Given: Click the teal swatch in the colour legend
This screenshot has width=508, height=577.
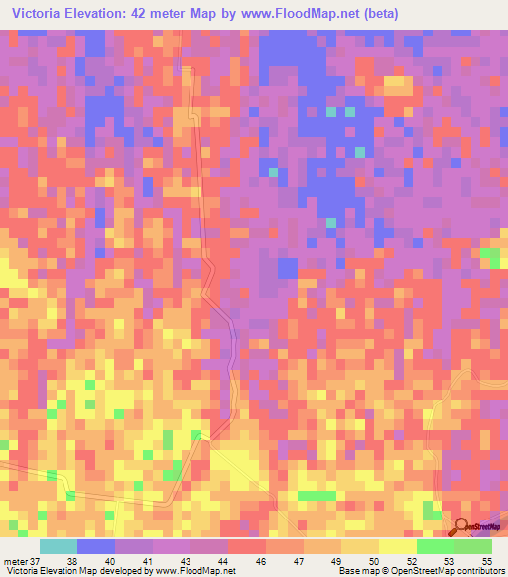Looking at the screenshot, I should pyautogui.click(x=59, y=546).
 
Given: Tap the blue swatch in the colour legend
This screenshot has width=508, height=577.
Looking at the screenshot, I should pyautogui.click(x=96, y=546).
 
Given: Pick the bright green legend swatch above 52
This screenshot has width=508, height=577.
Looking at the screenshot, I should pyautogui.click(x=435, y=546).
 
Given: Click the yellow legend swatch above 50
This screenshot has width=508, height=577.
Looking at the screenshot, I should pyautogui.click(x=397, y=546).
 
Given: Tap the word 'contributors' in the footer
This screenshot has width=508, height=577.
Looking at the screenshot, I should pyautogui.click(x=480, y=570).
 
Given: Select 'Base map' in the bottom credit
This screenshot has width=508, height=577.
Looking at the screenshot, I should pyautogui.click(x=355, y=570).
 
